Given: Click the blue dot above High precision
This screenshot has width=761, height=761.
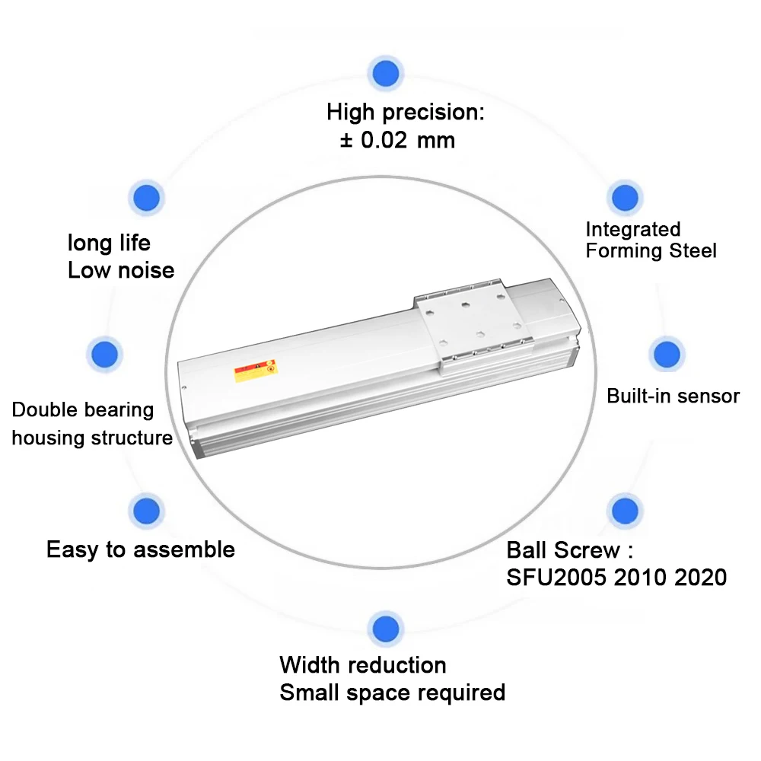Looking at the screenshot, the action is click(386, 74).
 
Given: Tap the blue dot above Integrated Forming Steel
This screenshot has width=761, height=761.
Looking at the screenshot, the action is click(625, 198).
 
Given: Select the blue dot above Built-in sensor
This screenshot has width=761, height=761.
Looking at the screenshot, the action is click(667, 355).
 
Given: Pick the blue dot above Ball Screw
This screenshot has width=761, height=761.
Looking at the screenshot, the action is click(624, 511).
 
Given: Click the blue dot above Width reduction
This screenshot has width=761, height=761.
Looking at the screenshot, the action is click(385, 629).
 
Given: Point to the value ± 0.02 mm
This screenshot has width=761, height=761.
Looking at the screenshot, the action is click(397, 140).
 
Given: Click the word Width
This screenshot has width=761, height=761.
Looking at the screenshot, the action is click(310, 665).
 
